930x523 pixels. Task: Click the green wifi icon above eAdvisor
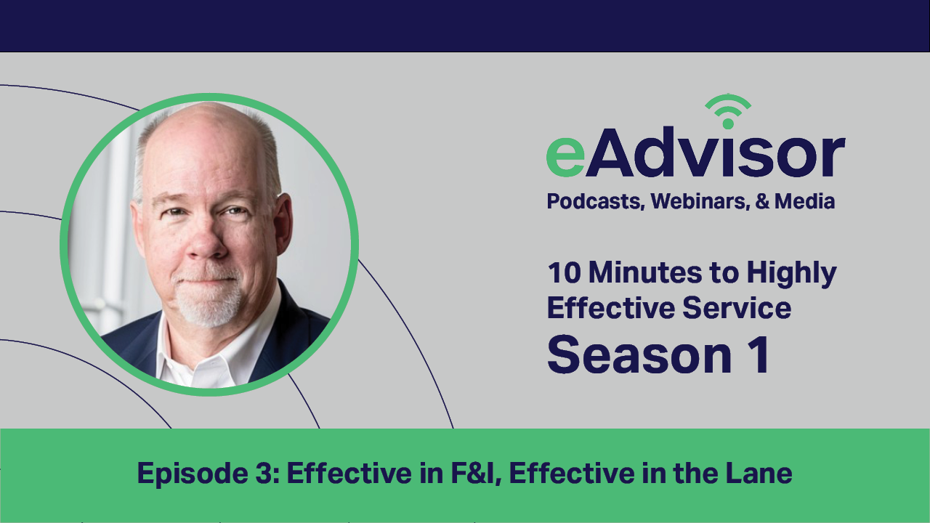point(728,112)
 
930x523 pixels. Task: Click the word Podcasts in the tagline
point(595,201)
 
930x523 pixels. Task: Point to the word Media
point(804,201)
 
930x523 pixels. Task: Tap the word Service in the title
point(737,308)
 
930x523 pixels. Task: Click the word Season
point(640,356)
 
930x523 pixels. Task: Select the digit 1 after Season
point(759,355)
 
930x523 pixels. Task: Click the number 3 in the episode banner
point(264,473)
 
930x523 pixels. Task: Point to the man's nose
point(206,241)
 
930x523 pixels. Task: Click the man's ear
point(283,224)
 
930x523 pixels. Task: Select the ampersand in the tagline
point(762,201)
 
